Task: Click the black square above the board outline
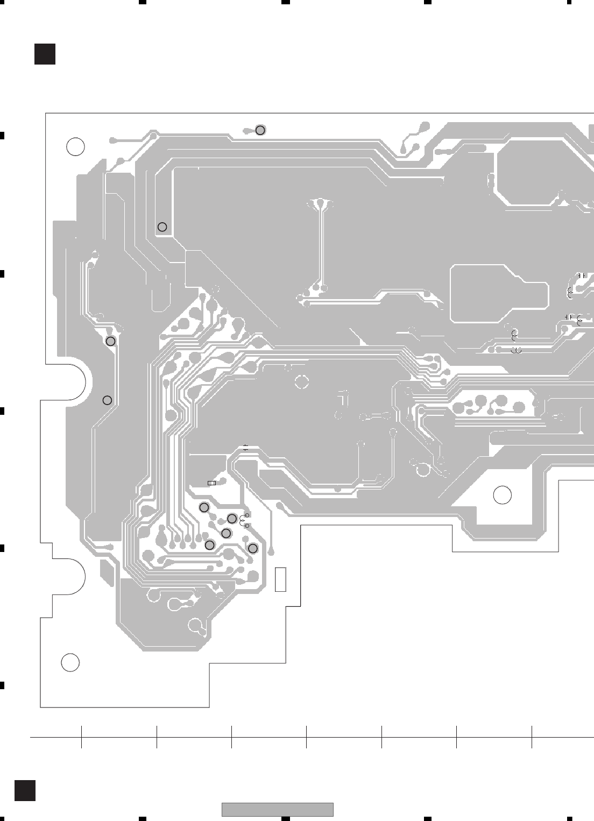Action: point(45,54)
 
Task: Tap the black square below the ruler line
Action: point(25,790)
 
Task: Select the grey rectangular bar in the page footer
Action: point(277,809)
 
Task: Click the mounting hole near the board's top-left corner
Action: point(75,146)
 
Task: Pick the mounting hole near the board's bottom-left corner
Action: point(70,662)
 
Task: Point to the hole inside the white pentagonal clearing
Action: point(502,495)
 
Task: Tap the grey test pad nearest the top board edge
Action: point(260,130)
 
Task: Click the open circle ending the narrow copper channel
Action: point(162,227)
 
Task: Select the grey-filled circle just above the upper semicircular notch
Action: point(110,341)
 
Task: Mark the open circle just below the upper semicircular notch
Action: point(107,400)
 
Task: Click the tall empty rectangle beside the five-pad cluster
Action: point(280,579)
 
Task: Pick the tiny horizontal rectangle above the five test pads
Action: point(211,483)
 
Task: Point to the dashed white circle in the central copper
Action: point(302,382)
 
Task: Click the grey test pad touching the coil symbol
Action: point(232,519)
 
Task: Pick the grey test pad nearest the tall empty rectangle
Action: point(253,548)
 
